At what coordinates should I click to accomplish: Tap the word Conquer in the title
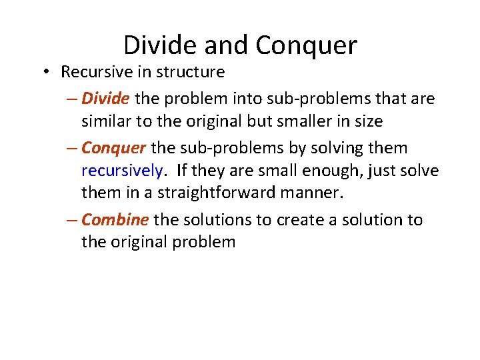[x=306, y=46]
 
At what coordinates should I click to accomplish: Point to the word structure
[x=195, y=71]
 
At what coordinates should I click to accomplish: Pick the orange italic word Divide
[x=105, y=99]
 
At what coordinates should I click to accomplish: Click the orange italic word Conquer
[x=113, y=147]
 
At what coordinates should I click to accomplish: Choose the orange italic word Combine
[x=115, y=219]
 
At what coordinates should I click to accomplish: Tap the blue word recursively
[x=121, y=171]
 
